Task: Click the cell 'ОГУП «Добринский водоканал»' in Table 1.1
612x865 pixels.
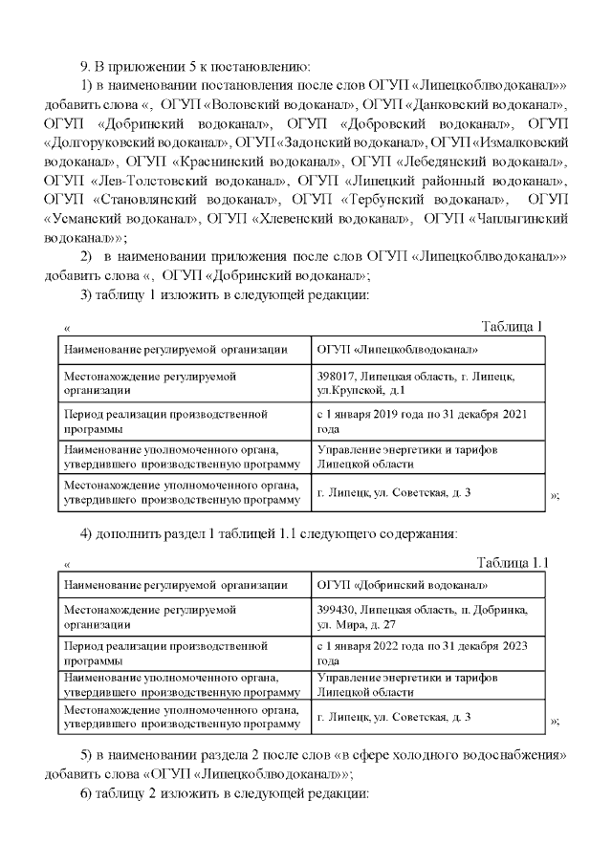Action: [x=403, y=585]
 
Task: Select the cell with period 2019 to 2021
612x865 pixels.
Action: [x=421, y=422]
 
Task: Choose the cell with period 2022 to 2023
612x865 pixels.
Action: [x=421, y=654]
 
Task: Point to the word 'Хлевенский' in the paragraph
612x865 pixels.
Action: [x=297, y=217]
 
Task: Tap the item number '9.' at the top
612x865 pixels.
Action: [x=85, y=65]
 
